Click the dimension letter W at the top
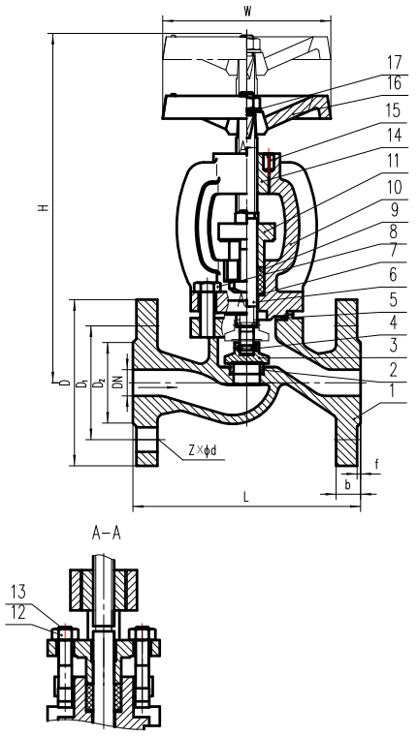(249, 12)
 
